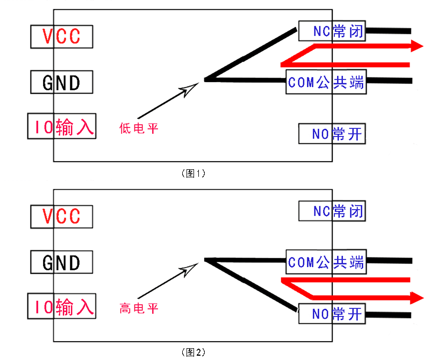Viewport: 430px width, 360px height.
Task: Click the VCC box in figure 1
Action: point(61,36)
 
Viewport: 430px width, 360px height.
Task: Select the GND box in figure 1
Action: point(61,82)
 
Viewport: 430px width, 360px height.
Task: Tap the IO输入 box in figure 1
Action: point(62,127)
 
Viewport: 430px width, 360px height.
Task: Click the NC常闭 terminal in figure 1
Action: point(332,32)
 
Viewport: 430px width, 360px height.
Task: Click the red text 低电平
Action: point(139,128)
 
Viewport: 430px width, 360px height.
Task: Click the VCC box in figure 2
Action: point(61,216)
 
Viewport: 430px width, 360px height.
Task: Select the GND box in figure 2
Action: point(61,262)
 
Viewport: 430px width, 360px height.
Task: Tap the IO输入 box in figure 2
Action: point(62,307)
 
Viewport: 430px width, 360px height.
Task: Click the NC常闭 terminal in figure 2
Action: point(332,211)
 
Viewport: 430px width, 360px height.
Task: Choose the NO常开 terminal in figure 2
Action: point(332,314)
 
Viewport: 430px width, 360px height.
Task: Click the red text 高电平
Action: point(139,308)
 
